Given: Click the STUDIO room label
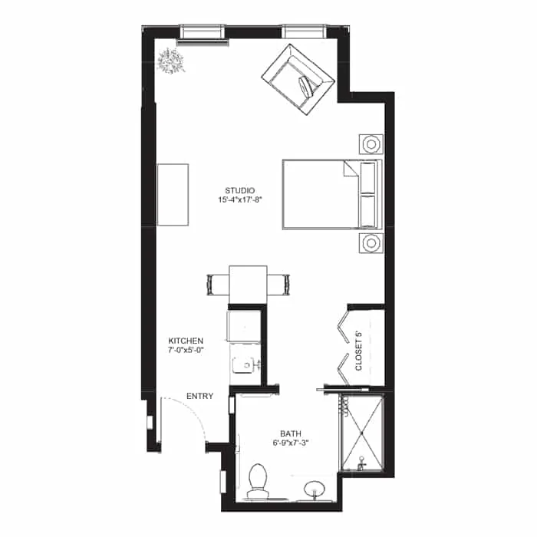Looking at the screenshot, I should point(239,190).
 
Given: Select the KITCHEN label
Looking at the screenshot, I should point(186,341).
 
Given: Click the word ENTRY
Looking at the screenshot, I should point(199,397).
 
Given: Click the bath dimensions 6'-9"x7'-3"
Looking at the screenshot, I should point(292,443).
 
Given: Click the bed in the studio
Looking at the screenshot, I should point(330,194).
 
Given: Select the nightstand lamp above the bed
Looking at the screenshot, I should point(371,144).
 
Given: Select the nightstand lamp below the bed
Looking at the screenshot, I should point(371,244).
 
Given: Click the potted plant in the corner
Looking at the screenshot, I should point(170,61).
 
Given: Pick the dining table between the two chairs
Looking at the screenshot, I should point(248,282).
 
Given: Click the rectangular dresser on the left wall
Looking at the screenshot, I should point(173,194).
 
